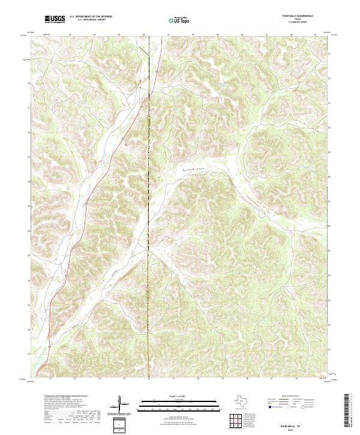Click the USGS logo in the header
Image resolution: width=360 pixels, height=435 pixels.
click(55, 20)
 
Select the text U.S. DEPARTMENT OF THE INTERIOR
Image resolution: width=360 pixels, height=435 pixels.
click(91, 17)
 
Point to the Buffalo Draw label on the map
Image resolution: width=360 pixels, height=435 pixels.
click(193, 170)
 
